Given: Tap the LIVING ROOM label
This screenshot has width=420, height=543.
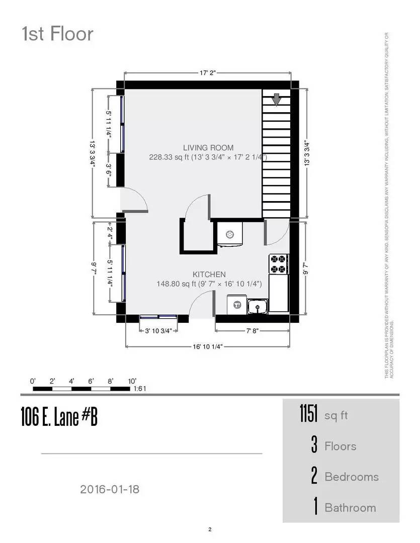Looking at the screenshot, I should [x=208, y=148].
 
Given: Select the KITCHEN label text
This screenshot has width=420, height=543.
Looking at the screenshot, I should [x=209, y=275].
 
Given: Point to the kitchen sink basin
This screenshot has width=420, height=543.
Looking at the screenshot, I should [x=258, y=305].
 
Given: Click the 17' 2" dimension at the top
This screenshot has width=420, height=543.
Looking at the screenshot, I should [x=208, y=73].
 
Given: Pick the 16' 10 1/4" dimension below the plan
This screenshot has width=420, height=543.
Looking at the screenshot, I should [x=208, y=346].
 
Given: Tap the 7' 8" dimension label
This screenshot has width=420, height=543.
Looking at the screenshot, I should [x=253, y=331].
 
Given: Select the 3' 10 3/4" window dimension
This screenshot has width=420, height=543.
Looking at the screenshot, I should [x=158, y=331].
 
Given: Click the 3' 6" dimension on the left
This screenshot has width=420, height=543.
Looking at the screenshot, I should [x=109, y=169].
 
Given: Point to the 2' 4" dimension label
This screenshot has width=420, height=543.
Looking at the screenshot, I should [x=109, y=232].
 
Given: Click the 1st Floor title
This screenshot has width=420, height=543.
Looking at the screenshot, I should [x=57, y=34].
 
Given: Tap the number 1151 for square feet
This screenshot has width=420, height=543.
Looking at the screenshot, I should [x=308, y=415].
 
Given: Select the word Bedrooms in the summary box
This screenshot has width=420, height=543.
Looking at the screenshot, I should [x=352, y=477].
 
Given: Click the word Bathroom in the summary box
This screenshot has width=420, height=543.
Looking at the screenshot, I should [x=350, y=507].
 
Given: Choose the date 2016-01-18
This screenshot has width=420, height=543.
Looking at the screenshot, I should [x=109, y=489].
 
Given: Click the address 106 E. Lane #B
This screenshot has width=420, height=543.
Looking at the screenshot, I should [x=59, y=417].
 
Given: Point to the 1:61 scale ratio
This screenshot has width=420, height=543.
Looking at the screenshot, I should [x=140, y=389].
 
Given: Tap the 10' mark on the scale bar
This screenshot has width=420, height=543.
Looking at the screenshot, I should [x=132, y=381].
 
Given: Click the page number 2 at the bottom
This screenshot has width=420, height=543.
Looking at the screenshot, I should [x=210, y=529].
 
